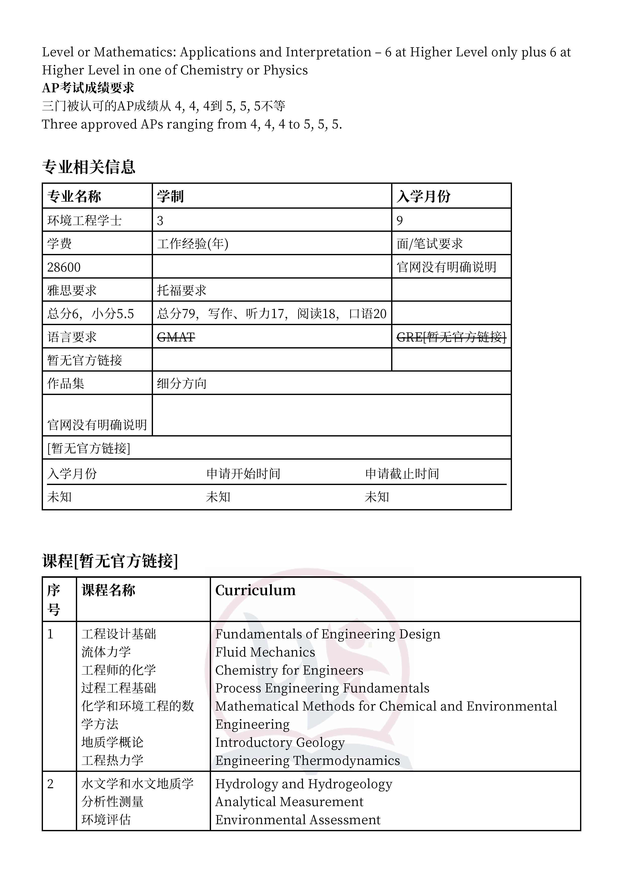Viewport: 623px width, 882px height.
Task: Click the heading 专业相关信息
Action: (89, 167)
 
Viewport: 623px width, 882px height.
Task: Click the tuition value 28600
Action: (64, 267)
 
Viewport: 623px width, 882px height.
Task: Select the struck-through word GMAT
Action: (176, 337)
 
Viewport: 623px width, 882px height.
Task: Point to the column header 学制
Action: (170, 196)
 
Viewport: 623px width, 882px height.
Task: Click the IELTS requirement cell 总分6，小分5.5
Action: (91, 314)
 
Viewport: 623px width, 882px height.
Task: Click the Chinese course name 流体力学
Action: (106, 652)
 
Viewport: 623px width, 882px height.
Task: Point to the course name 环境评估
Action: (106, 819)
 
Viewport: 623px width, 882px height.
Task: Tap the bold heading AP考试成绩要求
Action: (88, 88)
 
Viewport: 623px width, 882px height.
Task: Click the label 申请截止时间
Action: (402, 474)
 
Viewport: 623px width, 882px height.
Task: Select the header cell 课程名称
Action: (108, 590)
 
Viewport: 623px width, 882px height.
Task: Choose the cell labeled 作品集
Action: (66, 383)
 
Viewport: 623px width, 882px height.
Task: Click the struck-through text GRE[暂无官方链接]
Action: (451, 337)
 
